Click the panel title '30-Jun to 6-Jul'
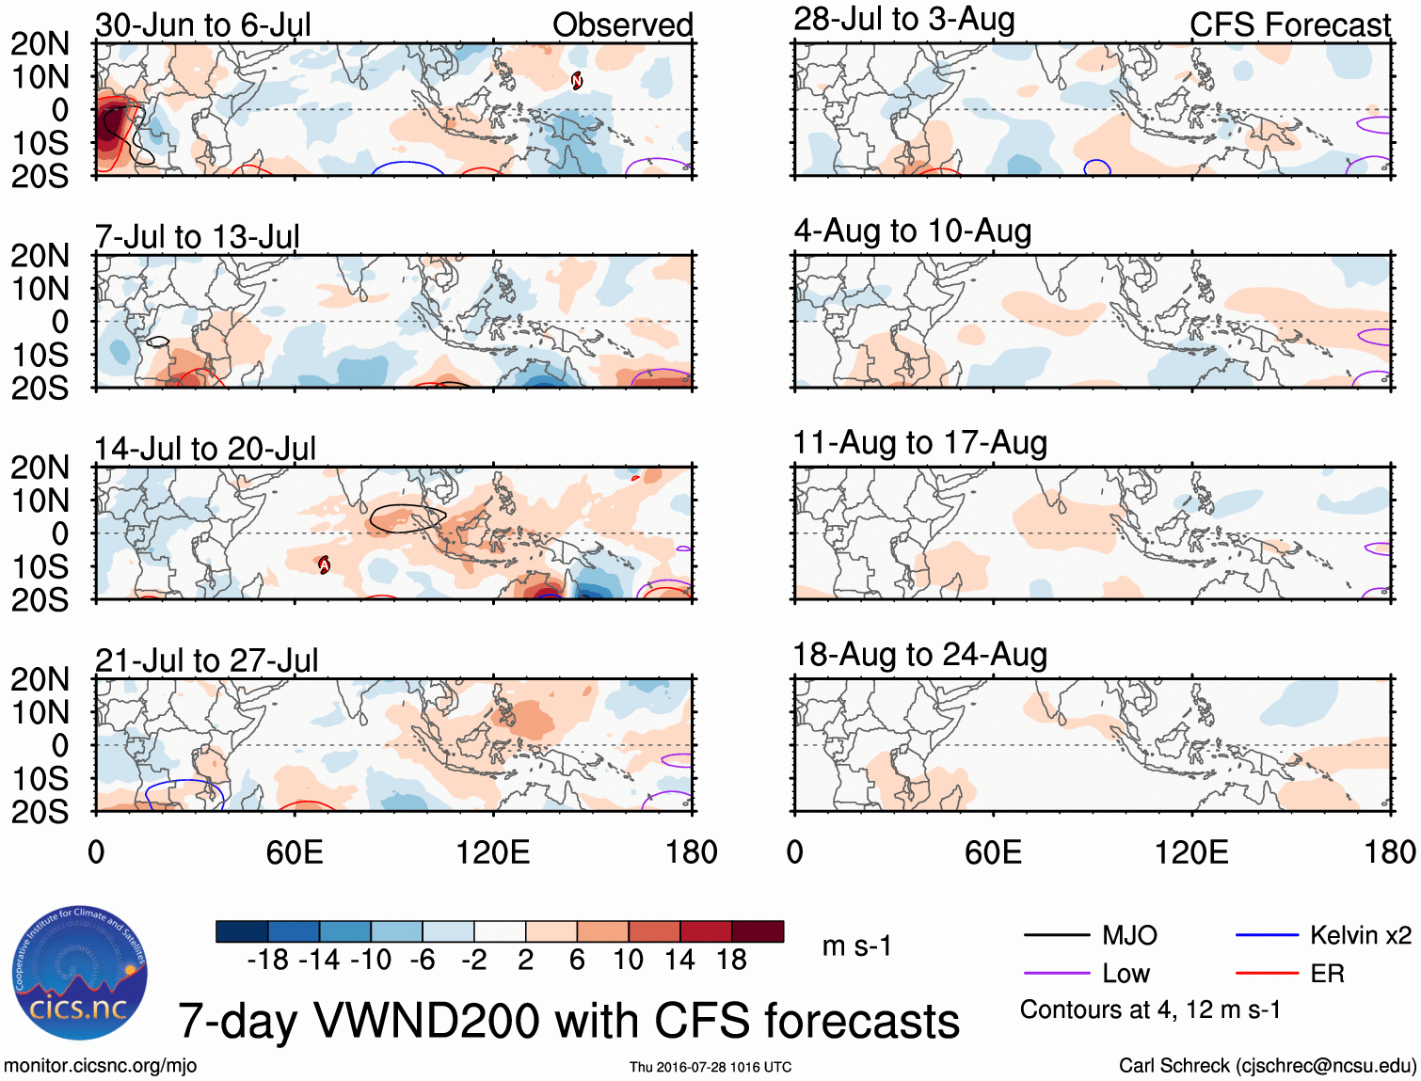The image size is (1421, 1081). click(202, 25)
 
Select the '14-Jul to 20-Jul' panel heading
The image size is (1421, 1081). click(205, 449)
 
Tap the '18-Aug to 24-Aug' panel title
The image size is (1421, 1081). click(919, 655)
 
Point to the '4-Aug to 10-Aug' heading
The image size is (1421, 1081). click(912, 231)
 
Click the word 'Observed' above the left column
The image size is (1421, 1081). click(622, 25)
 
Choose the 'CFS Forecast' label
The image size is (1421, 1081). click(1289, 25)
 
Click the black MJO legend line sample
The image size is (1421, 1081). click(1056, 935)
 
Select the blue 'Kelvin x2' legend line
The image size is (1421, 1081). click(1267, 935)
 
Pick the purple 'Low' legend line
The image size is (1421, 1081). click(1056, 974)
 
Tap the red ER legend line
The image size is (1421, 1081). click(1267, 974)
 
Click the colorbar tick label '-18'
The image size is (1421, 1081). click(267, 960)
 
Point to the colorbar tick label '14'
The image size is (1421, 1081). click(679, 960)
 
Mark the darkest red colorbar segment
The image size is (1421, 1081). click(758, 931)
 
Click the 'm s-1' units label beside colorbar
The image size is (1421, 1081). click(856, 946)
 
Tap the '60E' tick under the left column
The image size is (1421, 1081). click(295, 852)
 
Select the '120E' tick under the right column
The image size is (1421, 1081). click(1191, 852)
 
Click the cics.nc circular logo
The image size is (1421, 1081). click(80, 973)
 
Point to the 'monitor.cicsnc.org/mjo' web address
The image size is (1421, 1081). click(100, 1066)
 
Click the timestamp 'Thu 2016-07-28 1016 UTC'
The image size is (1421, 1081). click(710, 1067)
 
